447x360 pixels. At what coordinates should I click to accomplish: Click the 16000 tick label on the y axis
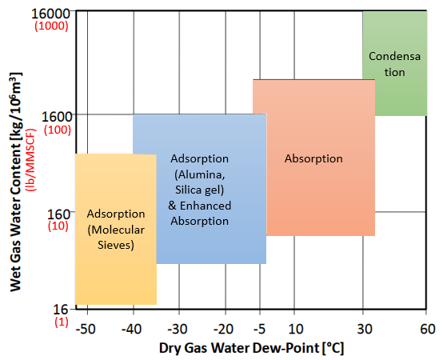pos(50,14)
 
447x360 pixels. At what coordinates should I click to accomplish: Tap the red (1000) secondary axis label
pos(52,26)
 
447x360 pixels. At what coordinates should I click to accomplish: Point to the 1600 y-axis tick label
pos(56,117)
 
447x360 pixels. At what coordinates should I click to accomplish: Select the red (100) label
pos(58,130)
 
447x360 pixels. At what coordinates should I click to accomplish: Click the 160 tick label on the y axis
pos(58,214)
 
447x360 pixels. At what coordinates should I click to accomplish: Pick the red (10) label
pos(58,226)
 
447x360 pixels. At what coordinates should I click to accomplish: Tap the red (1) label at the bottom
pos(62,322)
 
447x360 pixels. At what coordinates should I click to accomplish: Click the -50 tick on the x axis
pos(86,329)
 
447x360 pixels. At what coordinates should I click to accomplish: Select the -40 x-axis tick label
pos(131,329)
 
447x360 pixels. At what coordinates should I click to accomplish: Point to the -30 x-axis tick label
pos(178,329)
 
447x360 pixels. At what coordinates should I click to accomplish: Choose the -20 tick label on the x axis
pos(224,329)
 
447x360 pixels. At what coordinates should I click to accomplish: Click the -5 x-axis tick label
pos(260,329)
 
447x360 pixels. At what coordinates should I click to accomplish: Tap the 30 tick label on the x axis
pos(365,329)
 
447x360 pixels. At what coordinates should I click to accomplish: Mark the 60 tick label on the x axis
pos(428,329)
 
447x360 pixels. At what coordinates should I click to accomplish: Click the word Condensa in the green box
pos(394,56)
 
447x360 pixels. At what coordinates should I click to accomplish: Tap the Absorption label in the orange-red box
pos(313,159)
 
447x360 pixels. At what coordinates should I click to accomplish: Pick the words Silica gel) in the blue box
pos(200,190)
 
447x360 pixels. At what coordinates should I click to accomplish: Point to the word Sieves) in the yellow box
pos(116,245)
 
